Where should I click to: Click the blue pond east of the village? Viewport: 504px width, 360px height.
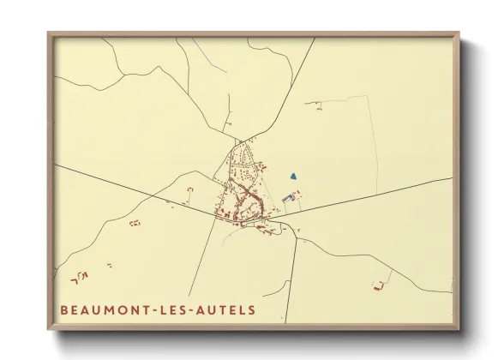pyautogui.click(x=293, y=176)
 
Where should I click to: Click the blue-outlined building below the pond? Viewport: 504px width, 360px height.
pyautogui.click(x=287, y=199)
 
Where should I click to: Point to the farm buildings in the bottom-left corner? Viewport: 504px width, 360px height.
pyautogui.click(x=79, y=276)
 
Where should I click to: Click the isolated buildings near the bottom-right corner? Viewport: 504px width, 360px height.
pyautogui.click(x=377, y=284)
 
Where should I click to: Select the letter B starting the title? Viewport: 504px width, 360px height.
pyautogui.click(x=64, y=309)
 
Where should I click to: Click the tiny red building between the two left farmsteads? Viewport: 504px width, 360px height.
pyautogui.click(x=110, y=265)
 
